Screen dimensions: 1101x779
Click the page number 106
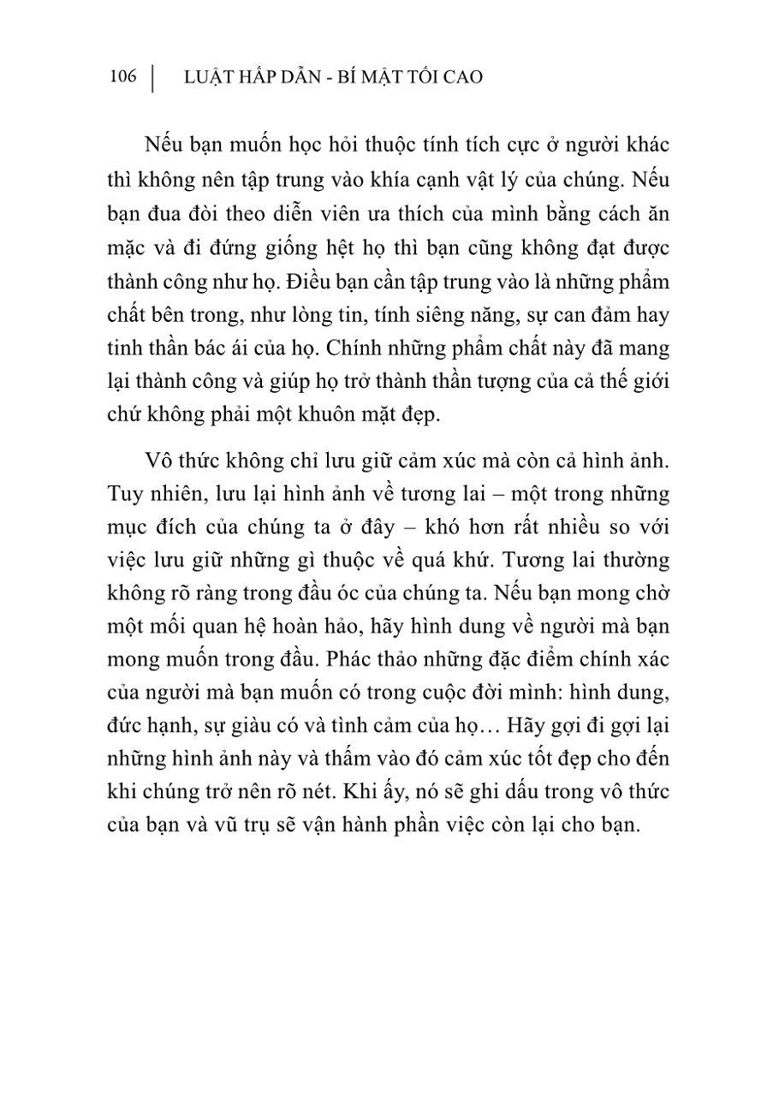pyautogui.click(x=123, y=77)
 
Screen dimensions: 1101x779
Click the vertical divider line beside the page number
pyautogui.click(x=153, y=78)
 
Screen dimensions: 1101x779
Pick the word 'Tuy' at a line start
pyautogui.click(x=125, y=494)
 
